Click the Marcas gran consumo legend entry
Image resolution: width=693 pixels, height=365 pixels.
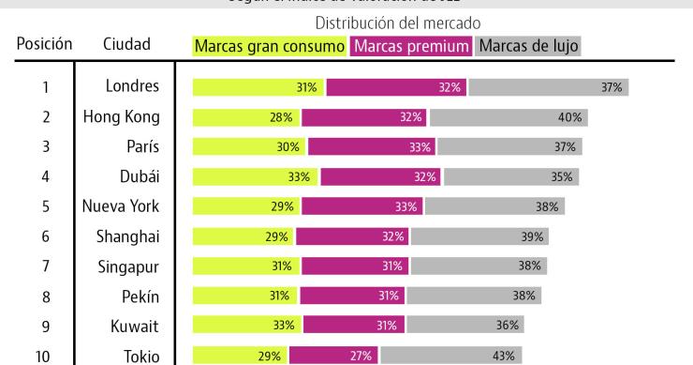(x=269, y=45)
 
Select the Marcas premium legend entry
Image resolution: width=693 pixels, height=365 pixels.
(x=411, y=45)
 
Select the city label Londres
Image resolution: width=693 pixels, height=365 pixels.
(x=132, y=87)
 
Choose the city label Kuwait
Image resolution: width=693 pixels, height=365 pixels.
(x=135, y=326)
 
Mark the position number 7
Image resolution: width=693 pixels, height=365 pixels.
(x=46, y=266)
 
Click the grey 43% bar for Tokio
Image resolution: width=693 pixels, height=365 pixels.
(x=451, y=356)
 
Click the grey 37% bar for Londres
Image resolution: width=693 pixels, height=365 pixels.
(x=549, y=87)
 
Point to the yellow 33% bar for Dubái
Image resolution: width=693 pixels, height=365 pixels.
(x=256, y=176)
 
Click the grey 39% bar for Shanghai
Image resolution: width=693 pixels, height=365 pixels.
(x=479, y=236)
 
